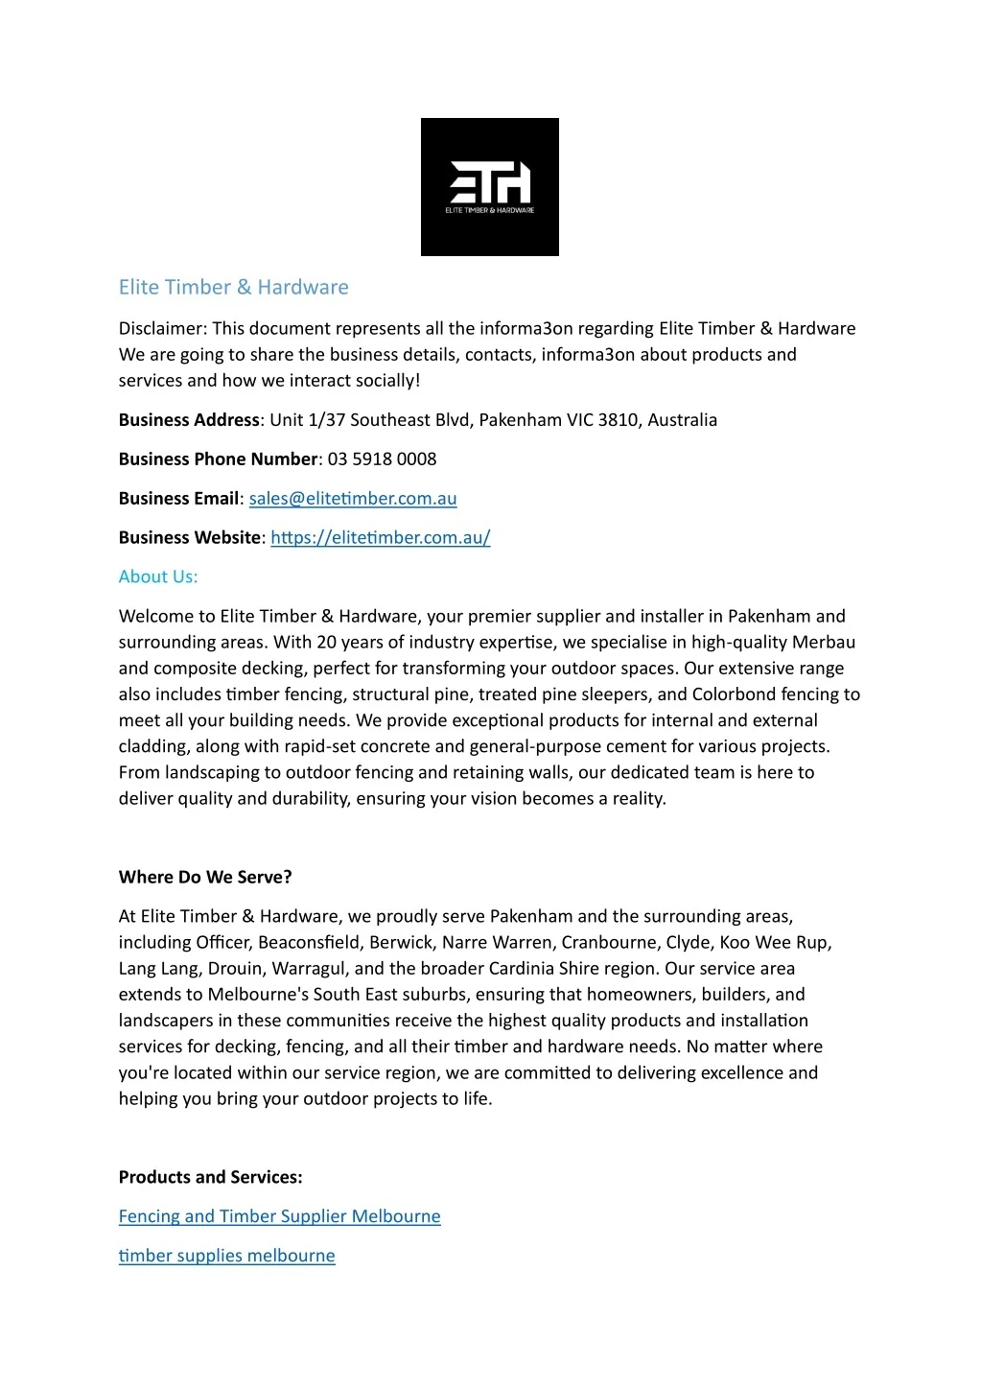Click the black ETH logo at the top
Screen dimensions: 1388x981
point(489,187)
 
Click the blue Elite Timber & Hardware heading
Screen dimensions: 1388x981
point(233,287)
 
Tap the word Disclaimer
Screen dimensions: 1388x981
point(160,328)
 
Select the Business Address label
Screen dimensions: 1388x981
point(189,419)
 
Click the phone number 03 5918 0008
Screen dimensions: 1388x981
point(382,459)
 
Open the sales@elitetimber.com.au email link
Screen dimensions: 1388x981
point(353,498)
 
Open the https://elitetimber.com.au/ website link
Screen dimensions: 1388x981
point(381,537)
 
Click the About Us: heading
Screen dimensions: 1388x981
point(158,576)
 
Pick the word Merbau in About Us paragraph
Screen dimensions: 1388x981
point(823,642)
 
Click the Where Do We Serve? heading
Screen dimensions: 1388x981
point(205,877)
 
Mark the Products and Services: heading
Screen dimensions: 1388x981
point(210,1177)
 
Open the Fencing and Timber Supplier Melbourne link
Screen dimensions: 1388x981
point(279,1216)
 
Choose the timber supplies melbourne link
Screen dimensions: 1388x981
point(226,1256)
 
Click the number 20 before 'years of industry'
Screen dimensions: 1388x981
point(327,642)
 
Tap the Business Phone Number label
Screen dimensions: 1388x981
point(218,459)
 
